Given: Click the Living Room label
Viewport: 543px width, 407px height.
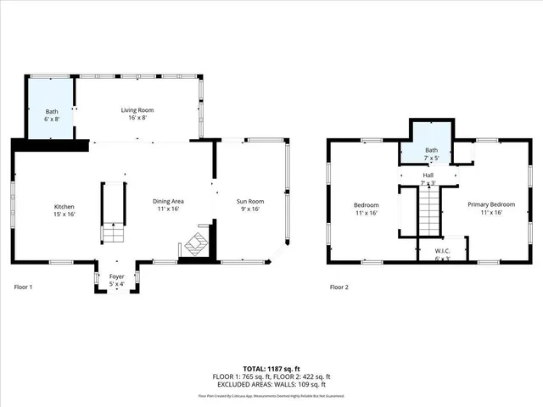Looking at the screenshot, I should (137, 110).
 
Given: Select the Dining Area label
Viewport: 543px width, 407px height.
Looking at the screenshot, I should (168, 201).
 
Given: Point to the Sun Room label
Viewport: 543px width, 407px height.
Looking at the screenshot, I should (249, 201).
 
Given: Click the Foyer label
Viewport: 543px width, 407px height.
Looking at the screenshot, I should (117, 277).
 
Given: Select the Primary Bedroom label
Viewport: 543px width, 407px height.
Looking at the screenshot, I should (491, 205).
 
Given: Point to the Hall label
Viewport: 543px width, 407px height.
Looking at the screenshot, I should (428, 176).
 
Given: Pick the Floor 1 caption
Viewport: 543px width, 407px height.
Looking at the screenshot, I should (24, 287).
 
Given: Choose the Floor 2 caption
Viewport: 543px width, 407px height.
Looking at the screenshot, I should (339, 287).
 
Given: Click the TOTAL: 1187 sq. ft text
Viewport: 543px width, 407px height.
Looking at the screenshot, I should (271, 369).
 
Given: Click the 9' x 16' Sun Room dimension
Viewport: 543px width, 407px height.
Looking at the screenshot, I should (249, 209).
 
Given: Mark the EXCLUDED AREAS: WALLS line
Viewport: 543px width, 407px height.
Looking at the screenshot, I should (271, 384).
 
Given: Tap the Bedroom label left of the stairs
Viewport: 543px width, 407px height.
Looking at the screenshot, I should (367, 205).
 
